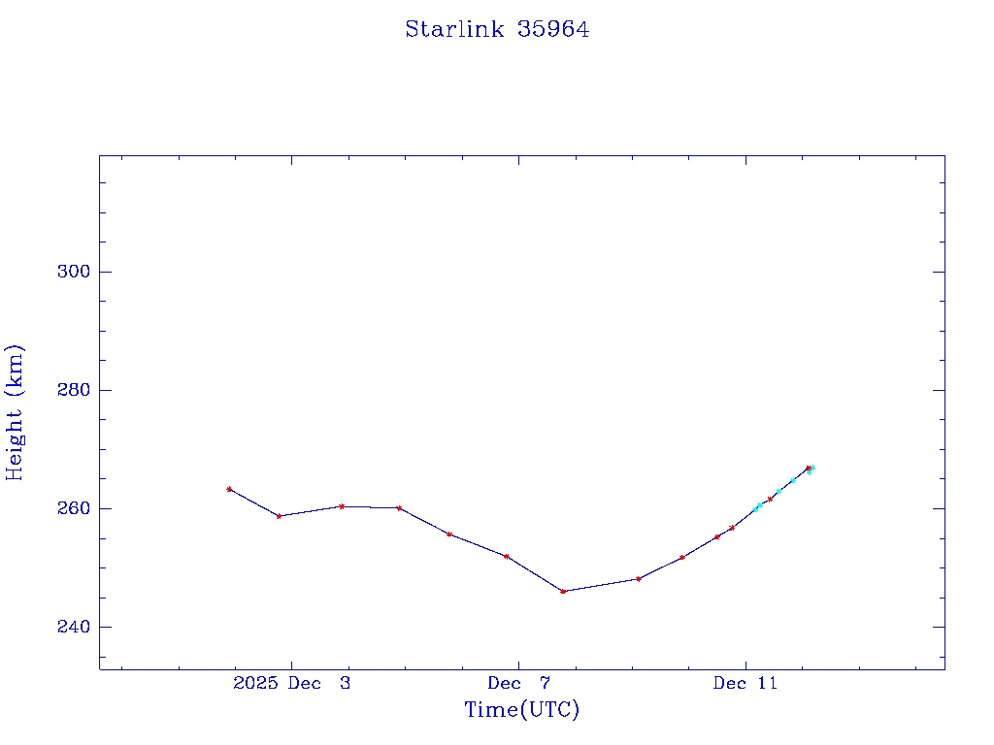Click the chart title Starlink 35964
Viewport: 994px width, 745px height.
click(497, 29)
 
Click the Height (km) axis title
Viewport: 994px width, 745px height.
click(15, 411)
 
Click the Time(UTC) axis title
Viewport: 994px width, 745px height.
click(521, 710)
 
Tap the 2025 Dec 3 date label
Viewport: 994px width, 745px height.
click(292, 683)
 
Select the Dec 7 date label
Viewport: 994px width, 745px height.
click(518, 683)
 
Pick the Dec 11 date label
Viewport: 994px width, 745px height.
click(745, 683)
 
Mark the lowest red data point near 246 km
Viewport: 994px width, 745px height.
click(563, 591)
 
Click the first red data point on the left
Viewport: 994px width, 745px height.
click(229, 489)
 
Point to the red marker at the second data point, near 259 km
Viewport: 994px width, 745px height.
click(279, 516)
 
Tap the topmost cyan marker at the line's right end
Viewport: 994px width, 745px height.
click(812, 468)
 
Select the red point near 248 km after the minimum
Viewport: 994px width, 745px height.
click(638, 579)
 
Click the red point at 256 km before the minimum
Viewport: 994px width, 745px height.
click(448, 534)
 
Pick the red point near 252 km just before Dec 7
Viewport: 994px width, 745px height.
click(506, 556)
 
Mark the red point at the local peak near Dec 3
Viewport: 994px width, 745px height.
click(342, 505)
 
